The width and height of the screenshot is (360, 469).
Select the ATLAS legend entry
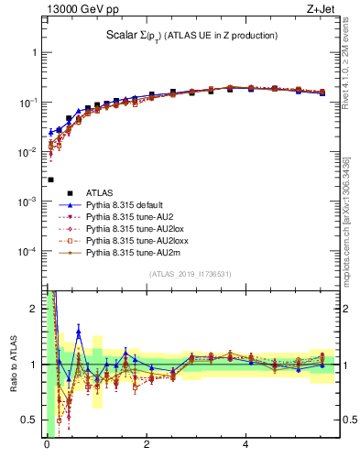tap(100, 192)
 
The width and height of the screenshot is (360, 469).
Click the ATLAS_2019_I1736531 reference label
tap(191, 274)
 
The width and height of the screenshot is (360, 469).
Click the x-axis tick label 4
tap(245, 445)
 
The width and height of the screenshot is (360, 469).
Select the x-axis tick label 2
tap(146, 445)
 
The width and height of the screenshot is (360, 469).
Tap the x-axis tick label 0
tap(47, 445)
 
